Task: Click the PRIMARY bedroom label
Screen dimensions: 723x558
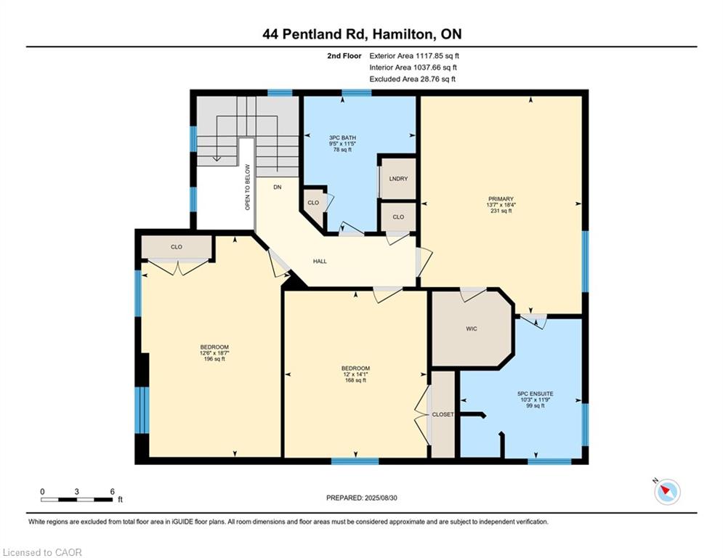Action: tap(501, 199)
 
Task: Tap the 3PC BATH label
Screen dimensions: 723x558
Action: tap(342, 138)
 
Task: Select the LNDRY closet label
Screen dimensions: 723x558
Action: tap(398, 179)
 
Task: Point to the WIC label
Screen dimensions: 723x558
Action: tap(472, 329)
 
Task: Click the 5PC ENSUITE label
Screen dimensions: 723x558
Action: tap(536, 394)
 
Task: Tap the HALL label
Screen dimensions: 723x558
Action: tap(320, 261)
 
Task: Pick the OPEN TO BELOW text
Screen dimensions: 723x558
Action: tap(248, 187)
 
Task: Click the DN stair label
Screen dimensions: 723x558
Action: tap(277, 187)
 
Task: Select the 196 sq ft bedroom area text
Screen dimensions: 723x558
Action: tap(214, 359)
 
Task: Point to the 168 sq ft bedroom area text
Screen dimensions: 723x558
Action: tap(355, 381)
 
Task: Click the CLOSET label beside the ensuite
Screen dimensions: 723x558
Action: tap(443, 415)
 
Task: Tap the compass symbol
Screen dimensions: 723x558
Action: tap(667, 492)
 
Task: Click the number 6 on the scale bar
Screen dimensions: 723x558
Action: tap(112, 492)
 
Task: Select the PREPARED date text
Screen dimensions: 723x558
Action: tap(362, 498)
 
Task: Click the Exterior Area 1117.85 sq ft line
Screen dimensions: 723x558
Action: tap(414, 56)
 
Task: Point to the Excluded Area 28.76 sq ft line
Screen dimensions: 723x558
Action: tap(412, 79)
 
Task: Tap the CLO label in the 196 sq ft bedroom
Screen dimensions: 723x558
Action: tap(177, 247)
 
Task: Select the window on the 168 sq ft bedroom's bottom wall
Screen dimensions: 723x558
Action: tap(355, 461)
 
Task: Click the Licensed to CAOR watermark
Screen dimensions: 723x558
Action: tap(42, 552)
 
